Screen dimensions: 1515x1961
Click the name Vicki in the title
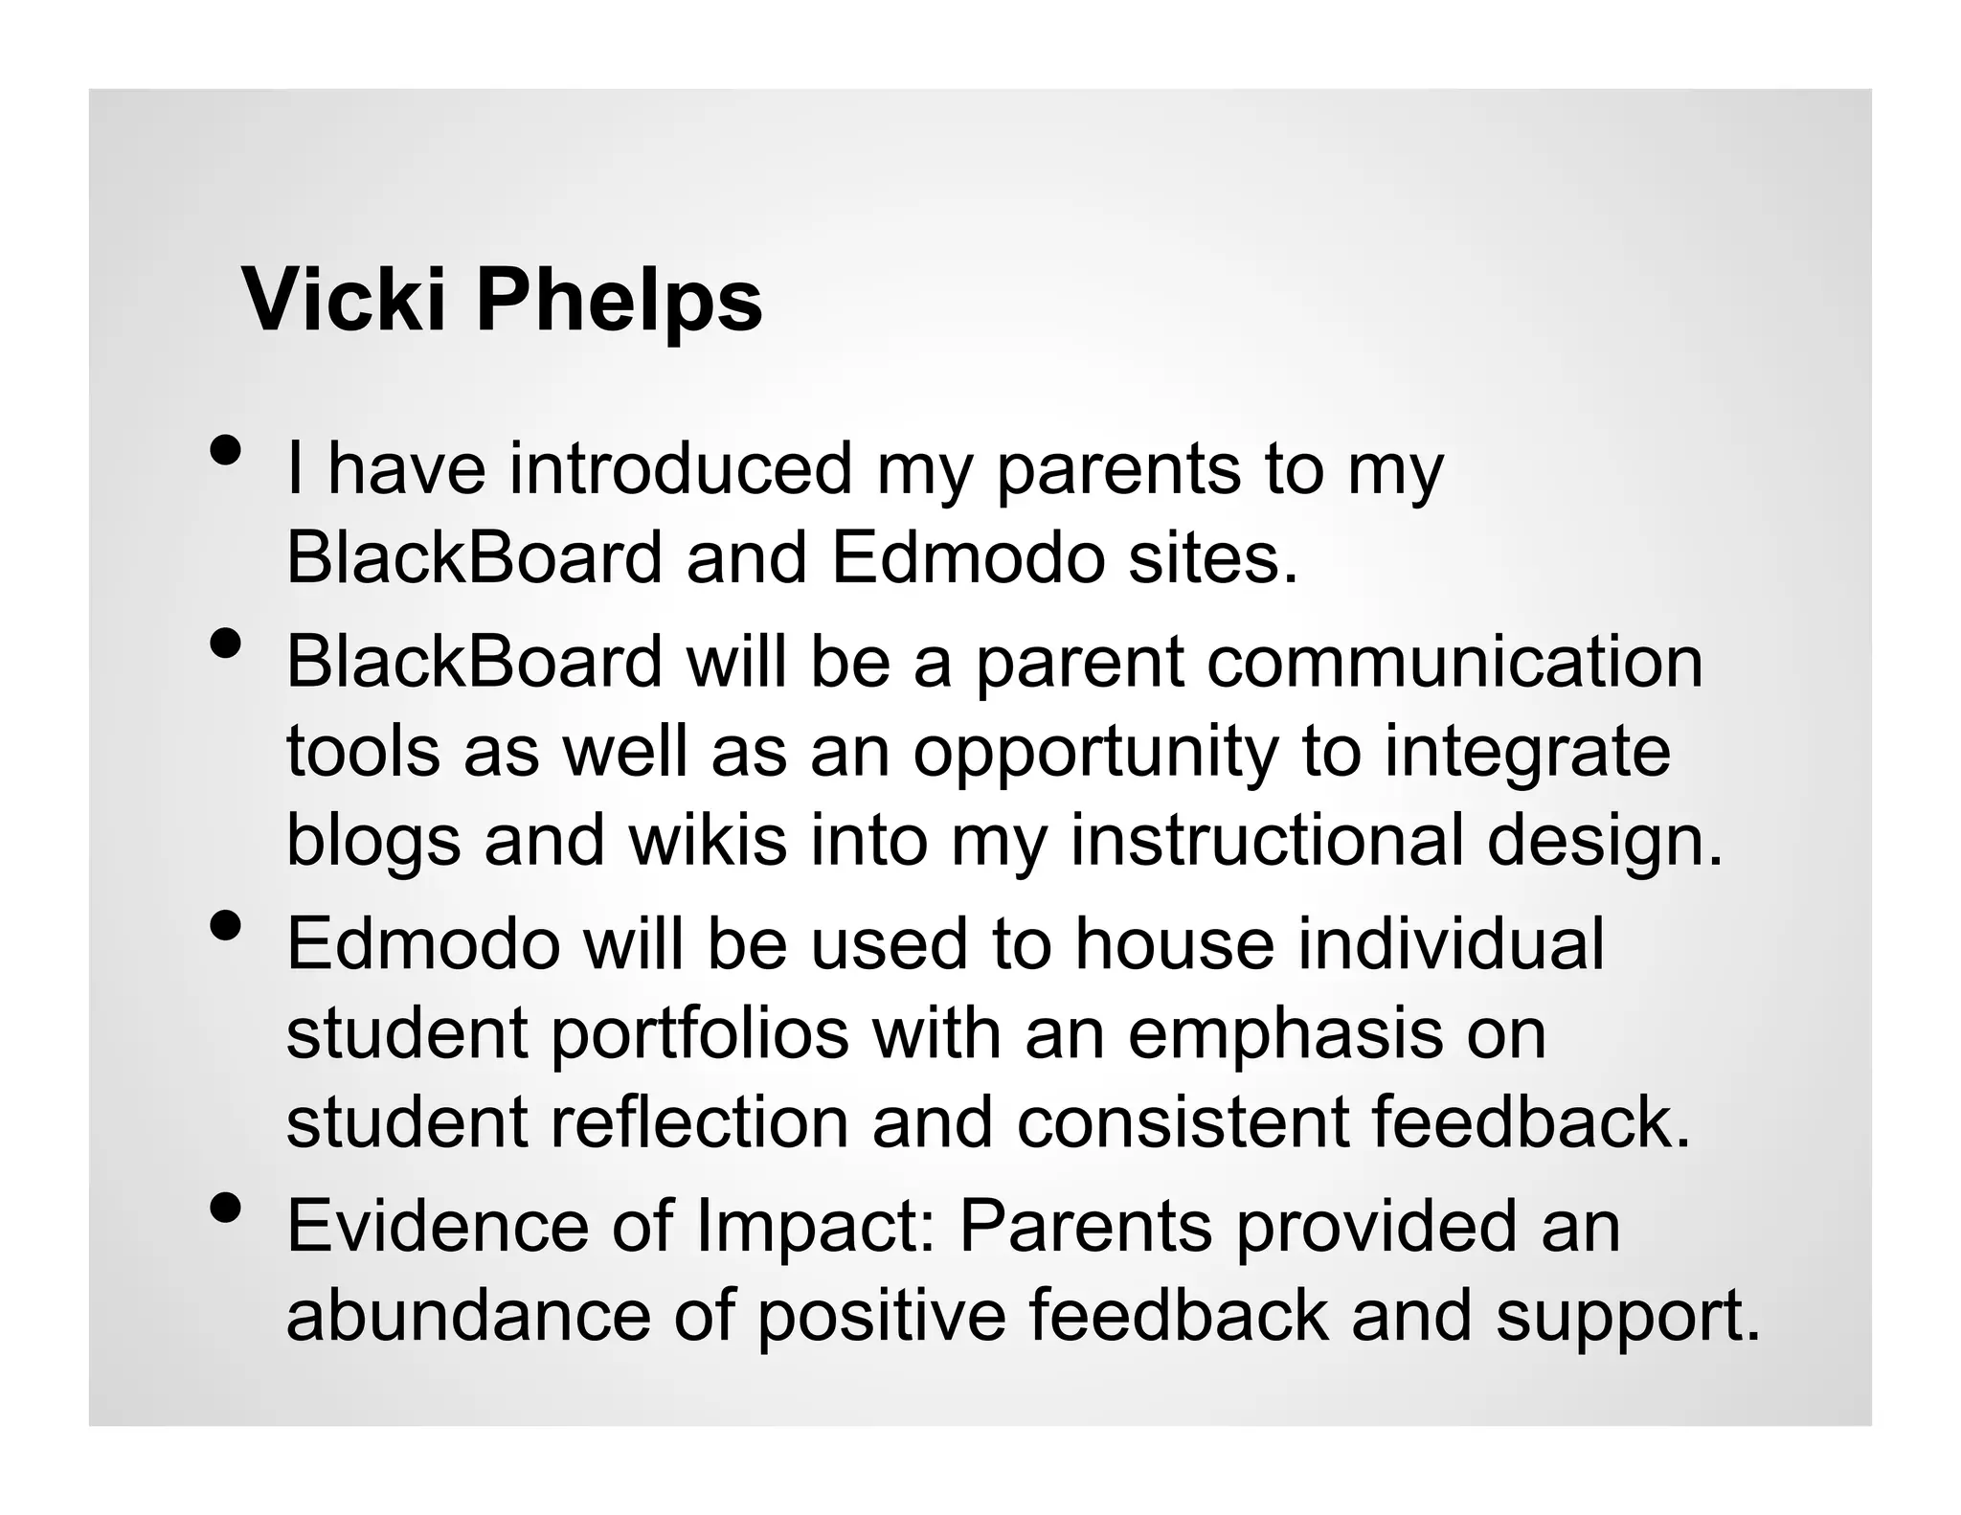tap(344, 300)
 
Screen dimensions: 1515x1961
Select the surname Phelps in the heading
tap(619, 300)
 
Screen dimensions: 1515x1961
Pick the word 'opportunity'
tap(1095, 752)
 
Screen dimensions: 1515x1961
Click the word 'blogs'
tap(373, 841)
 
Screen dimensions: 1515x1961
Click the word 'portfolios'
tap(700, 1034)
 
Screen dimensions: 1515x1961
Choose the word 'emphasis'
tap(1285, 1034)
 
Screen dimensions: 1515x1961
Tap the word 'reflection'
tap(700, 1122)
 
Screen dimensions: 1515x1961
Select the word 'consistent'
tap(1183, 1122)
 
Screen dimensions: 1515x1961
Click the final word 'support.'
tap(1628, 1318)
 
